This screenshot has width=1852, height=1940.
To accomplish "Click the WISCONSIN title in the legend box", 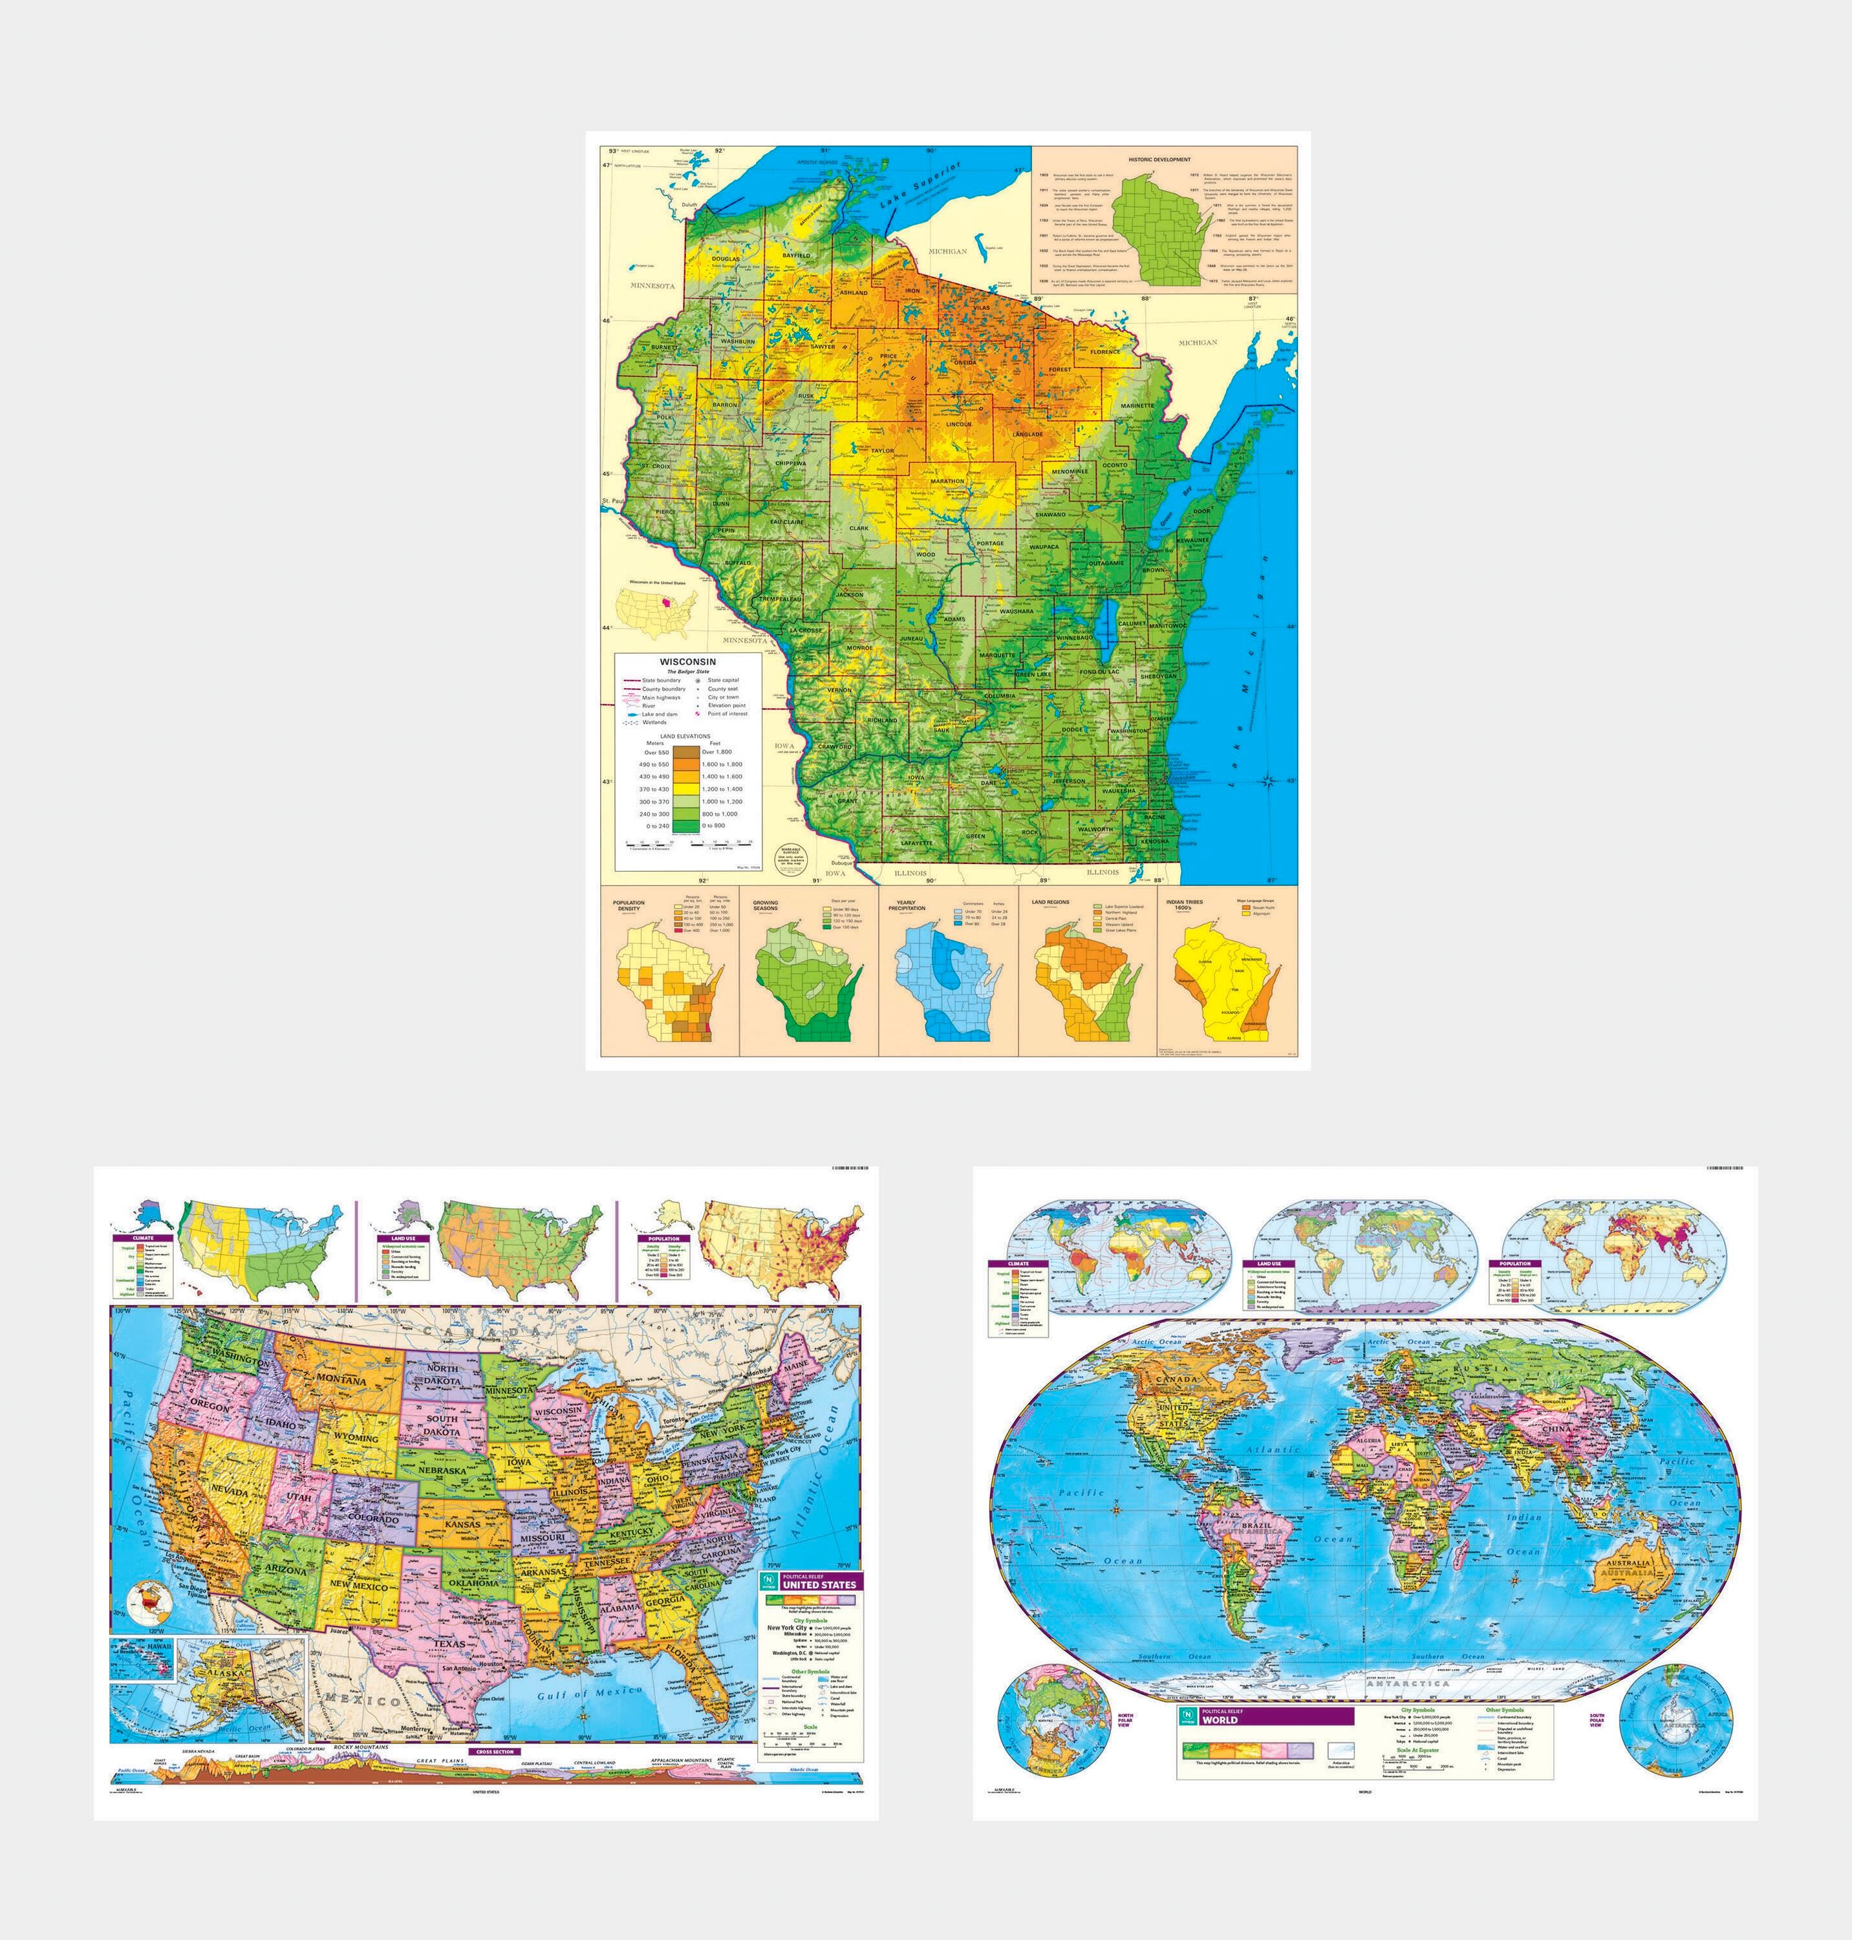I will pos(687,662).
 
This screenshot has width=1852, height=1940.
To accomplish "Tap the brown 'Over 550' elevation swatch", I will pos(687,752).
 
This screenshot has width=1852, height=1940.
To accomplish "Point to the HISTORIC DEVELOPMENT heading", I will pos(1159,159).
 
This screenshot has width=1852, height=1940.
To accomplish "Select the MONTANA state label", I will pos(343,1380).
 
